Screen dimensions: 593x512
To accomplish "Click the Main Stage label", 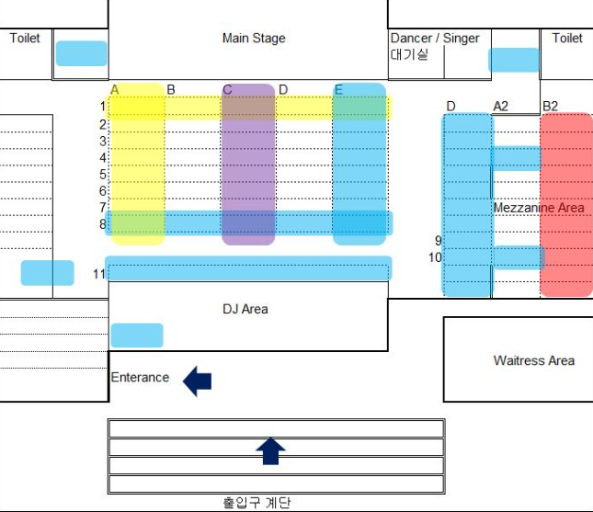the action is click(x=254, y=39).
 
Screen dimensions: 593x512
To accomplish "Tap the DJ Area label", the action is click(x=245, y=309).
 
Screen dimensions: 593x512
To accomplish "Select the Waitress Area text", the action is click(x=533, y=360).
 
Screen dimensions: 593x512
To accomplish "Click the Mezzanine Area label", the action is click(x=539, y=208).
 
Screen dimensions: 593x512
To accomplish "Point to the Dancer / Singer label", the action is click(x=435, y=39).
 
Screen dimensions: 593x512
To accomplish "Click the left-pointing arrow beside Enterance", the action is click(x=198, y=380).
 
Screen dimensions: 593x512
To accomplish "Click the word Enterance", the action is click(x=140, y=377).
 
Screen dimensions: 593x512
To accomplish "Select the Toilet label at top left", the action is click(x=25, y=39).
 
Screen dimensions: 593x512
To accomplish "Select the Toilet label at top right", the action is click(x=567, y=39).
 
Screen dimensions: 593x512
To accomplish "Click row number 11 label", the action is click(x=99, y=274).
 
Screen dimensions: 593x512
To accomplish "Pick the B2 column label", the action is click(x=550, y=107).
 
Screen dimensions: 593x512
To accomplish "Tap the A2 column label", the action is click(x=501, y=107).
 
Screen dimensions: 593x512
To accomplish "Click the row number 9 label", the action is click(x=438, y=241).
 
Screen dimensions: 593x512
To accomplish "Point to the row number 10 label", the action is click(x=435, y=257).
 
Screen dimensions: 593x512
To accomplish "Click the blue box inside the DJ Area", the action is click(x=137, y=336).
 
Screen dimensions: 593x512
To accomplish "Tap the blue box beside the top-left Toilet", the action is click(x=82, y=53).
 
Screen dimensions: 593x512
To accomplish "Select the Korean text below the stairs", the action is click(x=257, y=503).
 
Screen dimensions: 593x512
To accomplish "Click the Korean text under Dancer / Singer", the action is click(x=409, y=54).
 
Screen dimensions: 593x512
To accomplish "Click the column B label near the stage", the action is click(x=171, y=89).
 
